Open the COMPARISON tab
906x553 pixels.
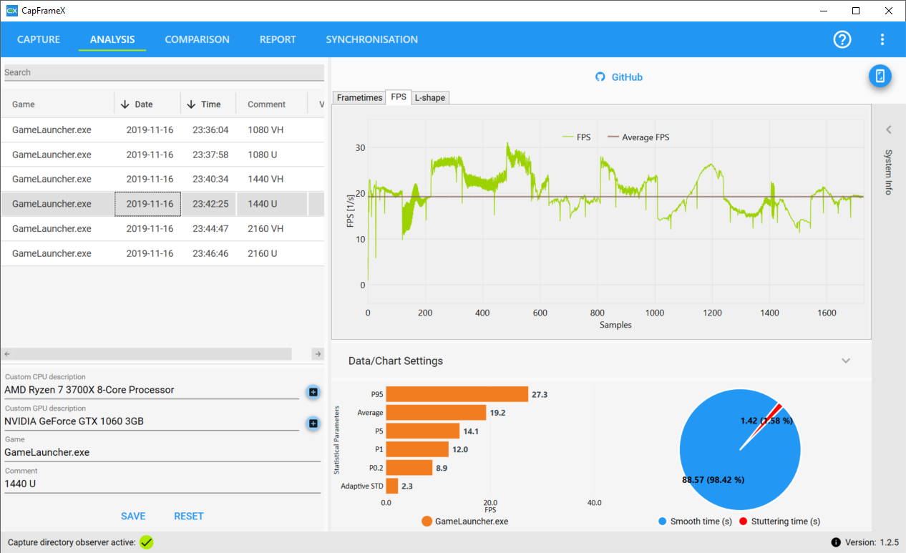(x=197, y=39)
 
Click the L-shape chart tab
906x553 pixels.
(x=429, y=97)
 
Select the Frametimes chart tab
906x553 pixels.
(x=359, y=97)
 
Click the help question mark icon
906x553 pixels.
(x=842, y=39)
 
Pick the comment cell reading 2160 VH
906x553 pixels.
(x=266, y=229)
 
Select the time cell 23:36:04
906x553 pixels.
(x=210, y=130)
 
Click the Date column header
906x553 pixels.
(x=143, y=104)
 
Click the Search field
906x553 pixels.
(x=164, y=72)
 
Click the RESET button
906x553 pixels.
(x=189, y=516)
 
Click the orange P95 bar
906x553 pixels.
(x=457, y=394)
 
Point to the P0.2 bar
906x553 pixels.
(x=409, y=468)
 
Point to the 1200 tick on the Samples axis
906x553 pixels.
(x=713, y=313)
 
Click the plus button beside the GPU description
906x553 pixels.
(x=313, y=424)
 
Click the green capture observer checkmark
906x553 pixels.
(x=147, y=542)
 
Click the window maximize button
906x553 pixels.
(x=856, y=11)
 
